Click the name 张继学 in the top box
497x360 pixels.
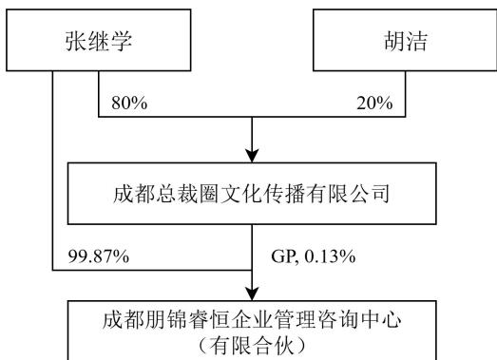(x=99, y=41)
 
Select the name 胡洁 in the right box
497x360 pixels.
(x=406, y=41)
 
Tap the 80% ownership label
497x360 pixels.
(x=129, y=103)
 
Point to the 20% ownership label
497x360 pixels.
(x=374, y=103)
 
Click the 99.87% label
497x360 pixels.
(x=99, y=256)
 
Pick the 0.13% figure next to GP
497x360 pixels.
(x=330, y=256)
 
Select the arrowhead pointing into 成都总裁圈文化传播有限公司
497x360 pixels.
(x=252, y=155)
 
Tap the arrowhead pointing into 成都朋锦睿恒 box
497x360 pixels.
(x=252, y=294)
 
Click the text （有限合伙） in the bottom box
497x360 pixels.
(x=252, y=346)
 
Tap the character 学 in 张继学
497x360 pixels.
(x=121, y=41)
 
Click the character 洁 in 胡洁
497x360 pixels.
(x=417, y=41)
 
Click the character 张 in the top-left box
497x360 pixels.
(x=76, y=41)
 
